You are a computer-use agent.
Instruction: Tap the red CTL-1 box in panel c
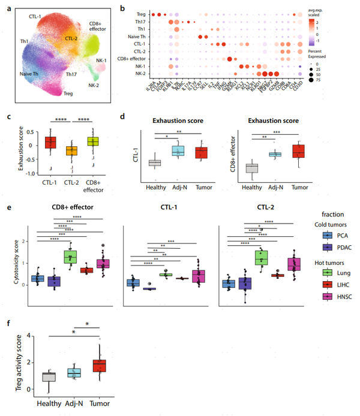50,142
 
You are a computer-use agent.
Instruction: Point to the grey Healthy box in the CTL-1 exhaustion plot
155,162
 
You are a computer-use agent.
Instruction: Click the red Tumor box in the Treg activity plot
103,365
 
